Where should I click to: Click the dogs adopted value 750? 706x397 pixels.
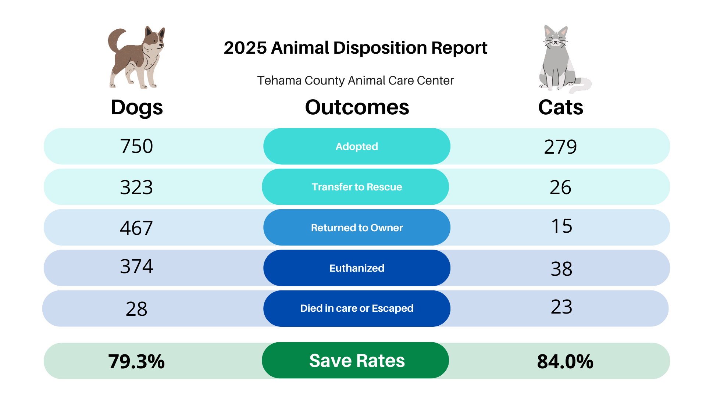coord(136,146)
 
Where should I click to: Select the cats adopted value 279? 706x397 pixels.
coord(560,147)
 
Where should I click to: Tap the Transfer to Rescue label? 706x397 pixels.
coord(356,187)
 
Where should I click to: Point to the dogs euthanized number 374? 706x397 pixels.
coord(136,267)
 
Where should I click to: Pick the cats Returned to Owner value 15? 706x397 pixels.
coord(561,226)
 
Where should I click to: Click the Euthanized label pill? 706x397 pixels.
coord(357,268)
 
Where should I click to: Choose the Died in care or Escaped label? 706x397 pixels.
coord(357,308)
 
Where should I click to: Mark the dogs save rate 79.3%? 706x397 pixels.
coord(136,361)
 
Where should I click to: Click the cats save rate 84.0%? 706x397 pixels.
coord(565,361)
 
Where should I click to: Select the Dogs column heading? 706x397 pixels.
coord(137,107)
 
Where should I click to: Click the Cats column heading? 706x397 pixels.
coord(561,107)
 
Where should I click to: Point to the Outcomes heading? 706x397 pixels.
coord(357,107)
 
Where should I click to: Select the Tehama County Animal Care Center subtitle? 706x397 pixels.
coord(355,81)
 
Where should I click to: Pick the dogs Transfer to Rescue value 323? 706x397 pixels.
coord(136,187)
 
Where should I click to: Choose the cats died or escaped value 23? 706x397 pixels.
coord(561,307)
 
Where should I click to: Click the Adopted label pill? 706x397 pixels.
coord(357,146)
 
